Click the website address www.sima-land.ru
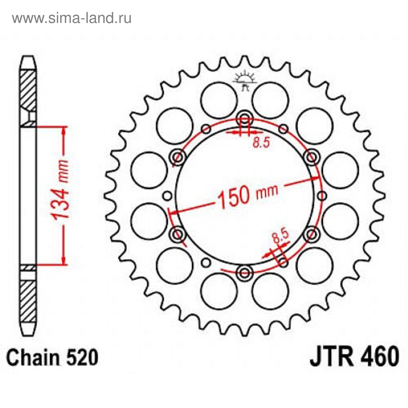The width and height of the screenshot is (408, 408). point(72,18)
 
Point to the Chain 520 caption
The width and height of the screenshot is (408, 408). point(52,357)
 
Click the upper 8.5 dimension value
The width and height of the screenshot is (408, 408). point(261,142)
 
